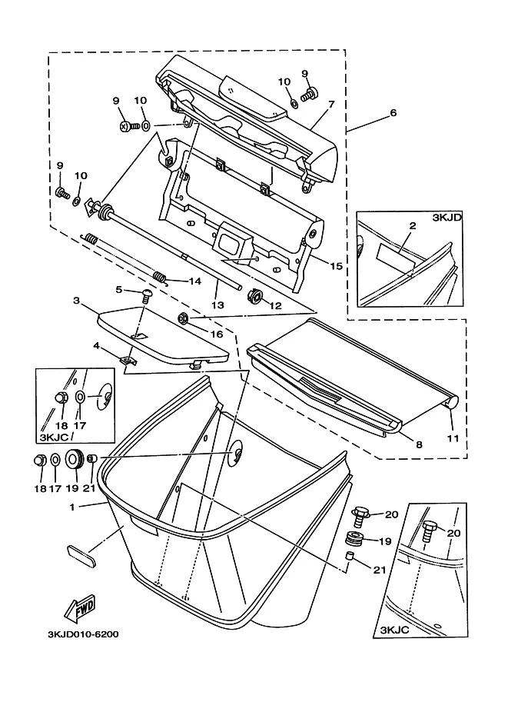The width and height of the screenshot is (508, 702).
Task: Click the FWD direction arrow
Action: (x=80, y=608)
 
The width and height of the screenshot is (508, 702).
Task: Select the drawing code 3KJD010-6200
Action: (x=83, y=634)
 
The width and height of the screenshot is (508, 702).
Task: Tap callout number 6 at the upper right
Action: (x=393, y=112)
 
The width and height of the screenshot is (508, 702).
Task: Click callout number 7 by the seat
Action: (x=331, y=105)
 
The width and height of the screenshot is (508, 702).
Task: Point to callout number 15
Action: (x=337, y=266)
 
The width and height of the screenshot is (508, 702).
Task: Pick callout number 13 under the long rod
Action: (x=217, y=305)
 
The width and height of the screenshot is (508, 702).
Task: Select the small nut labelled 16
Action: (x=183, y=318)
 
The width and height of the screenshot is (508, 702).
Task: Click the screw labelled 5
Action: (x=146, y=294)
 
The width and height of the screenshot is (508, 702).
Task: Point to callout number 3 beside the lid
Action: (x=77, y=300)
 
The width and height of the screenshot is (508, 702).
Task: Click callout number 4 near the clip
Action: (x=96, y=346)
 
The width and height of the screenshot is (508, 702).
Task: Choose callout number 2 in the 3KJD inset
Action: (x=412, y=225)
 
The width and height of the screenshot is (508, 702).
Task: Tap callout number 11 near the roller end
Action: (x=453, y=438)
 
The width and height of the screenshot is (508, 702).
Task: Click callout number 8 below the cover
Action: (x=419, y=444)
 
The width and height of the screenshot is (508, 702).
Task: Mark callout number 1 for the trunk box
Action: (x=72, y=507)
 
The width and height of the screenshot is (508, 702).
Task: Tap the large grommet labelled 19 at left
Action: (x=75, y=458)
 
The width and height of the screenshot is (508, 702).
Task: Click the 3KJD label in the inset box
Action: (x=447, y=218)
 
